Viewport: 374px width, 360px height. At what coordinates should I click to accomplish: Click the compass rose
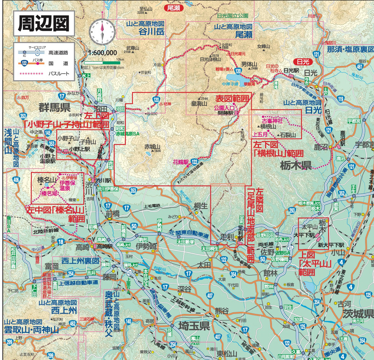point(102,30)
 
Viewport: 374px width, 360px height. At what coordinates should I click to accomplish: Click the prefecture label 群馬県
point(54,107)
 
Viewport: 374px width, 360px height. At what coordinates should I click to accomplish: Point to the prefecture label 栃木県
point(296,165)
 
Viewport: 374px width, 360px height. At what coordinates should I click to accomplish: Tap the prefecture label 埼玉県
point(193,327)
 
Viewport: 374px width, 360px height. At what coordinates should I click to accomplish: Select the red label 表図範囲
point(232,98)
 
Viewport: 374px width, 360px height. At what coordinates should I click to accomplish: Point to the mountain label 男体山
point(250,64)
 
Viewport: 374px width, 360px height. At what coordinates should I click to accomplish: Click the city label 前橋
point(112,213)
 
